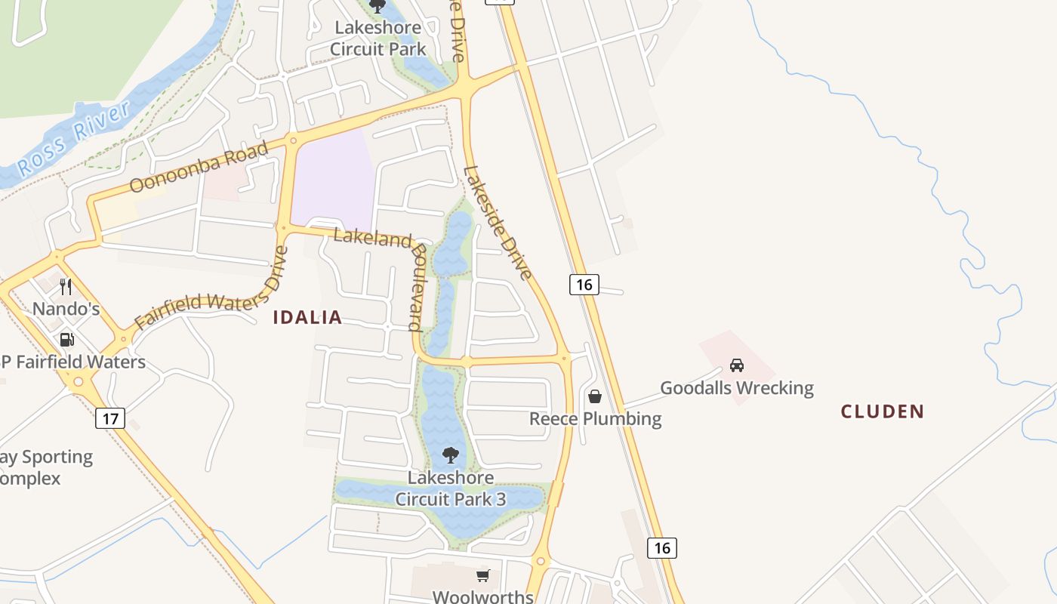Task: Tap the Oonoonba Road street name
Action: (199, 166)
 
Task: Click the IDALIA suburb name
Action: (307, 318)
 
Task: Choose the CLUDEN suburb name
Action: (883, 411)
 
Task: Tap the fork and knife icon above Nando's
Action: (66, 287)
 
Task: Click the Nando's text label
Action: (66, 309)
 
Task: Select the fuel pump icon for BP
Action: (66, 340)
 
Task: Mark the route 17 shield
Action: (110, 418)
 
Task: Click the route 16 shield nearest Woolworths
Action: (662, 548)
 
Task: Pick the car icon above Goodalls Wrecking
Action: (737, 365)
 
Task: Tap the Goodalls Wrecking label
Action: (737, 388)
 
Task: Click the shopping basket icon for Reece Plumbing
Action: (595, 396)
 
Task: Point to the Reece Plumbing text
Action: (595, 419)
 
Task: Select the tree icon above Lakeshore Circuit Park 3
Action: (451, 455)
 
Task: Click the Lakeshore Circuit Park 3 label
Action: (451, 488)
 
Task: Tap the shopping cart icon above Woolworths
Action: (483, 576)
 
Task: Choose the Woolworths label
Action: (483, 596)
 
